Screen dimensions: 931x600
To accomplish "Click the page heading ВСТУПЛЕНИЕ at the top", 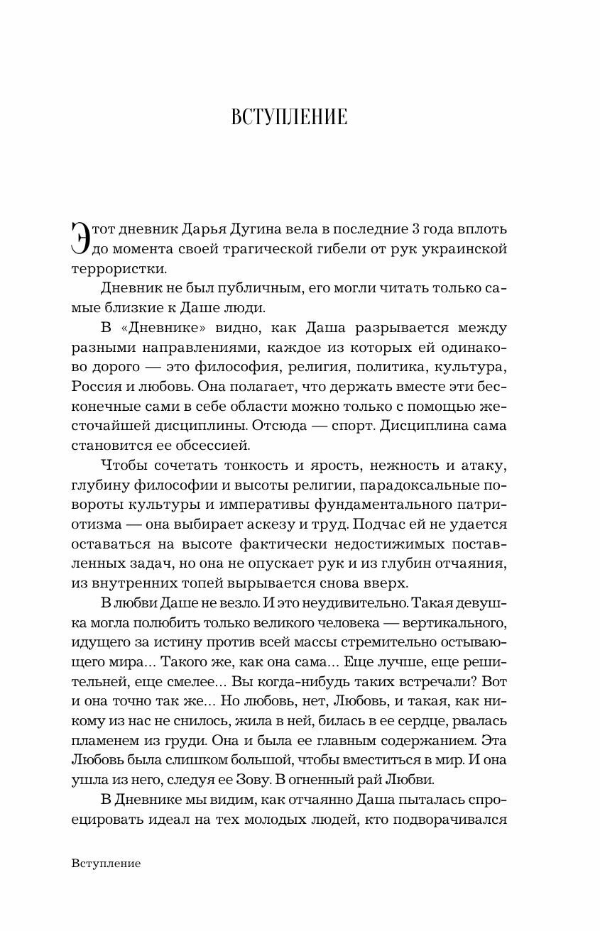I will (x=289, y=117).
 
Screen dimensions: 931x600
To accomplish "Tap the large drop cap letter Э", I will (x=82, y=237).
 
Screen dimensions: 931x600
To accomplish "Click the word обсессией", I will (x=214, y=446).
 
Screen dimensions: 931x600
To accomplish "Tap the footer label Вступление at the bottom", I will (x=106, y=864).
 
